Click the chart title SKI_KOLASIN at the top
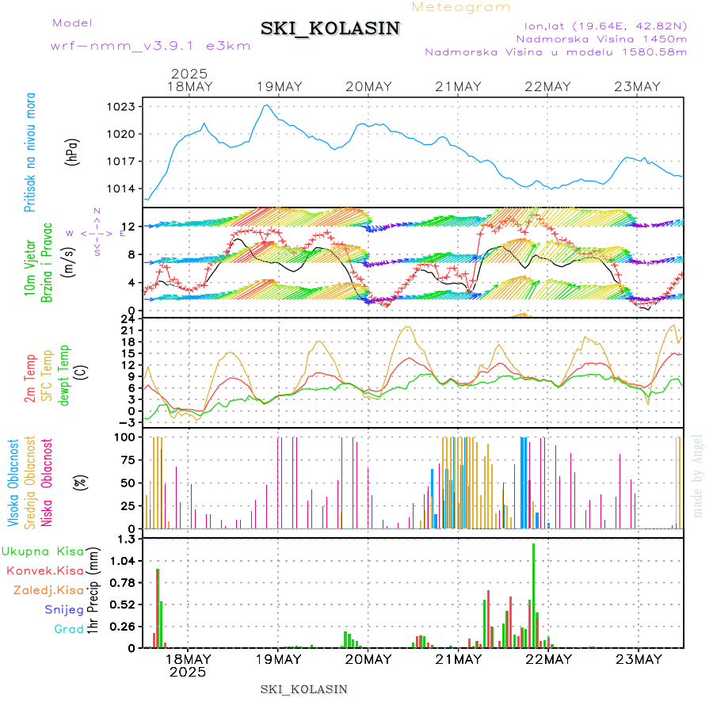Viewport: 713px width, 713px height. point(330,29)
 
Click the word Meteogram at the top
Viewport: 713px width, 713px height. point(461,7)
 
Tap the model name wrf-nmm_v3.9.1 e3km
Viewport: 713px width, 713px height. point(151,46)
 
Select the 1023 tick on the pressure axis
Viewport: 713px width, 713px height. point(121,106)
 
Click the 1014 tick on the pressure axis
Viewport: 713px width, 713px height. point(121,189)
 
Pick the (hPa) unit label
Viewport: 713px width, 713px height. point(73,151)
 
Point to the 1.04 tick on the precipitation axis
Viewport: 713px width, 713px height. point(121,561)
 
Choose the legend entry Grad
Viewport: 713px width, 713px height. point(68,629)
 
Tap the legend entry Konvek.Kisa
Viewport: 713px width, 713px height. point(45,570)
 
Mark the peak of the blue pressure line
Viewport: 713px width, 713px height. point(267,105)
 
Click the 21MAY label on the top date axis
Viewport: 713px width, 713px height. point(458,86)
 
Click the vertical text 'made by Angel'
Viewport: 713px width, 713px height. point(697,475)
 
